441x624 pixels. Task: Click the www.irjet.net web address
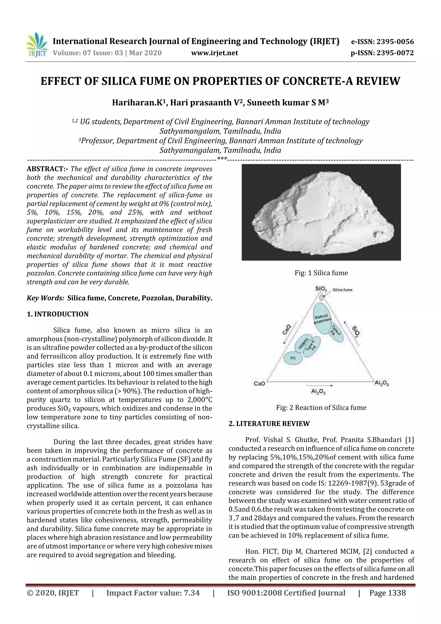214,53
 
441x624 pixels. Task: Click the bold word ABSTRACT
47,169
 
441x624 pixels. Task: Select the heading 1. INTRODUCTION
58,314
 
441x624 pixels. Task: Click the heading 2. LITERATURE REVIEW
269,424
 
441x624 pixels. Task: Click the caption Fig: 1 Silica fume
321,273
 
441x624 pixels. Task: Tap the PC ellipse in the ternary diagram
293,358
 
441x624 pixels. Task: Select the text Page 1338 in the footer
387,593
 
